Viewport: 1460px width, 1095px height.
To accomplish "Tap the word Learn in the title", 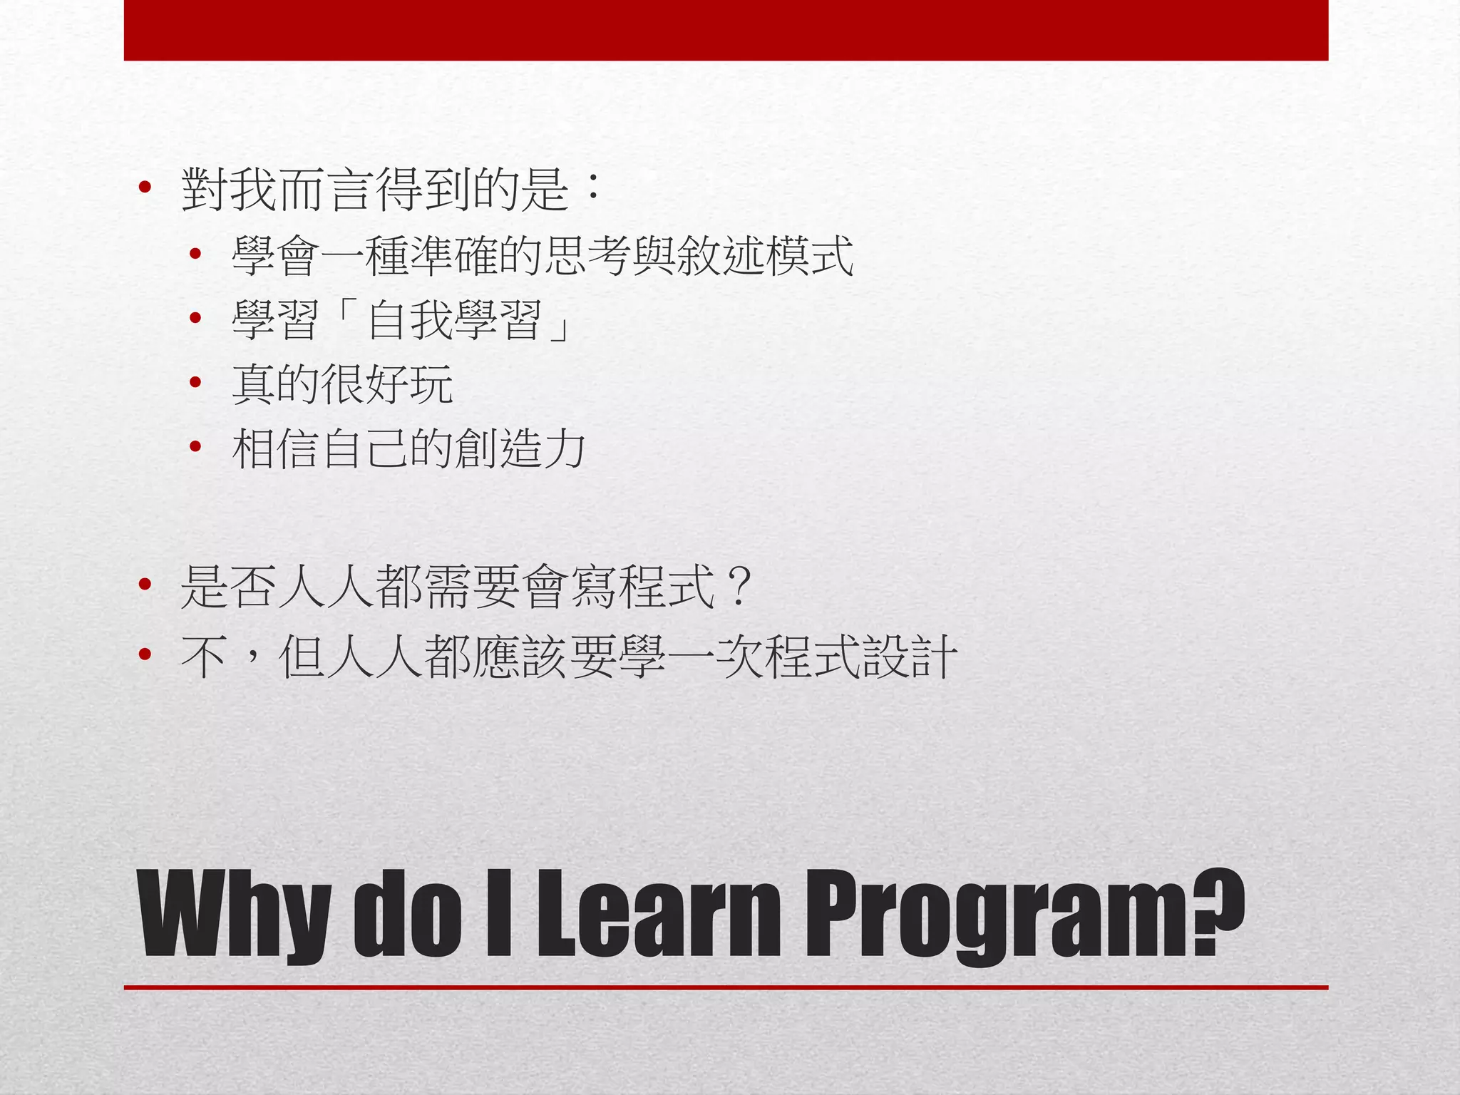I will click(x=659, y=914).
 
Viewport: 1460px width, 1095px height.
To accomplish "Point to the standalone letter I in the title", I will click(x=499, y=914).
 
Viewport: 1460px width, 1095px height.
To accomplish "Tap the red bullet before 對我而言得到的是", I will click(x=145, y=188).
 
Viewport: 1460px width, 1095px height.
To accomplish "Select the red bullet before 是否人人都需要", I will click(x=145, y=585).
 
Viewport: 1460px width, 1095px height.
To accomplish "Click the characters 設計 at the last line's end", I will click(x=909, y=656).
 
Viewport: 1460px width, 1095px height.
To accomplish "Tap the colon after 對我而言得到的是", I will click(x=591, y=190).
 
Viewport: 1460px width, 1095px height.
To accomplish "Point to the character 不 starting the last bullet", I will click(x=204, y=656).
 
